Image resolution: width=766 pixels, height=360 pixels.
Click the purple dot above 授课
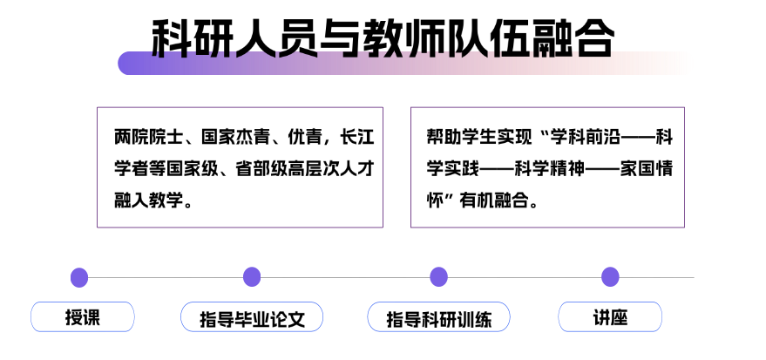[x=79, y=277]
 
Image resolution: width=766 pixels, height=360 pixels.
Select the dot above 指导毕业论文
[x=252, y=277]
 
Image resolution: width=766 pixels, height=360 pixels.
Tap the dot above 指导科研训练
[x=438, y=277]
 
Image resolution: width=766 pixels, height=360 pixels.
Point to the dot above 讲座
[x=610, y=277]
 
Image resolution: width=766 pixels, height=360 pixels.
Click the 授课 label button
[x=83, y=317]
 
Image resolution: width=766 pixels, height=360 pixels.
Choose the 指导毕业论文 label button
[x=252, y=317]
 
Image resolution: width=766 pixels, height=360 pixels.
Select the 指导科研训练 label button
[x=438, y=317]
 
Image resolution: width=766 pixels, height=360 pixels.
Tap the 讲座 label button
[x=610, y=317]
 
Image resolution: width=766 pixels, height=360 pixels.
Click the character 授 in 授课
[x=73, y=317]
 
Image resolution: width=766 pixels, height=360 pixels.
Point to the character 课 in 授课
[x=92, y=317]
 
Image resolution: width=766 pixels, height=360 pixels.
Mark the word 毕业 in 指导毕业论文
[x=252, y=318]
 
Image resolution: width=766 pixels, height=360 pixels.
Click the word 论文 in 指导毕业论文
[x=287, y=318]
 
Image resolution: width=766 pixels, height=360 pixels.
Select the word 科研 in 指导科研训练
[x=438, y=319]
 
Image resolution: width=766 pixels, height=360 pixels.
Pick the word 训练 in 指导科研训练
[x=473, y=319]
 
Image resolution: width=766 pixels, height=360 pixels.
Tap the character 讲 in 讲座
[x=601, y=317]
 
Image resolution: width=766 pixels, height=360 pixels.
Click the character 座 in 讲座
[x=619, y=317]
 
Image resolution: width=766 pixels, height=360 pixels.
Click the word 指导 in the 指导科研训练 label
[x=403, y=319]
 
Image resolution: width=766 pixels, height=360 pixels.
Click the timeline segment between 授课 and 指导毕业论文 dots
[x=166, y=277]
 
